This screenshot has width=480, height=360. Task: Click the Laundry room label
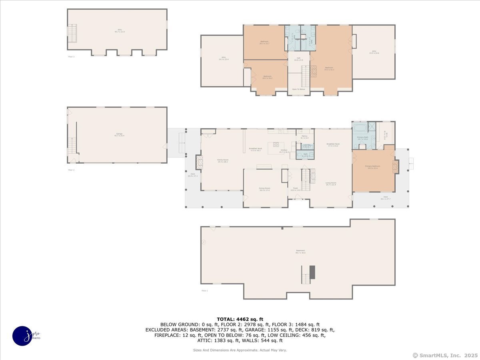click(x=307, y=146)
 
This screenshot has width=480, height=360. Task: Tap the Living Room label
click(x=331, y=184)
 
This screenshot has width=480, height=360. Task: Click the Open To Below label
click(x=298, y=89)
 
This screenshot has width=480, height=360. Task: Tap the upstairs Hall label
click(x=298, y=59)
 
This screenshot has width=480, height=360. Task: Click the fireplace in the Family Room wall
click(x=199, y=162)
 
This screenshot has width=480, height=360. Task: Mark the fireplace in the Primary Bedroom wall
click(x=396, y=166)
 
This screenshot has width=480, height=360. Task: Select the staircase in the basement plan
click(x=306, y=276)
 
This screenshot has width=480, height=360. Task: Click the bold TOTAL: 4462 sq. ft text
click(x=240, y=319)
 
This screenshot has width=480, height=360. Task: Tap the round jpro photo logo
click(x=22, y=335)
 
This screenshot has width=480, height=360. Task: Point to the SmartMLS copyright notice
click(x=444, y=355)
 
